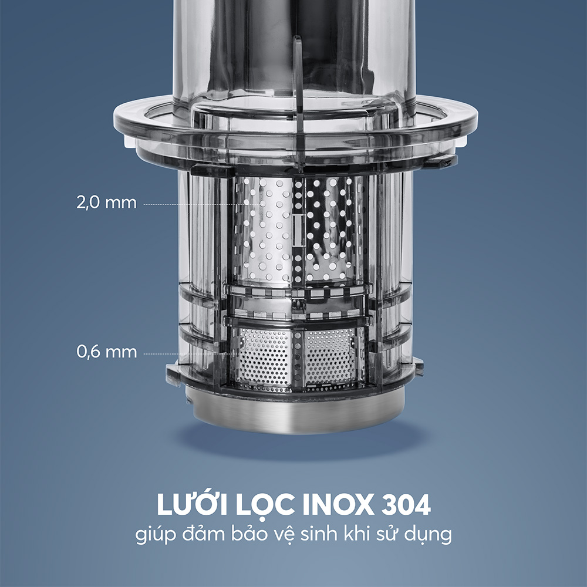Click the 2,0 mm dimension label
click(107, 203)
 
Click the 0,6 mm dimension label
click(107, 352)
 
